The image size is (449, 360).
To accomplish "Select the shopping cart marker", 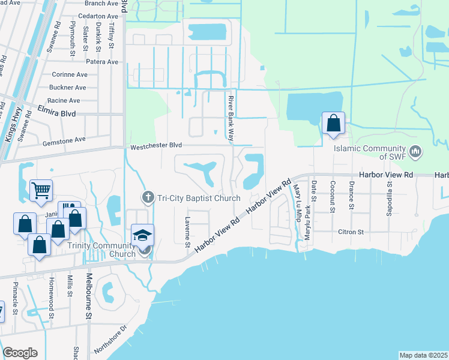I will tap(41, 191).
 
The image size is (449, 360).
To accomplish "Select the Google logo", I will tap(20, 353).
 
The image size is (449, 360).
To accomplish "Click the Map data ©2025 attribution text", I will tap(424, 355).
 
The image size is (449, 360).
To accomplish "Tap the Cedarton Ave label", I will tap(98, 16).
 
